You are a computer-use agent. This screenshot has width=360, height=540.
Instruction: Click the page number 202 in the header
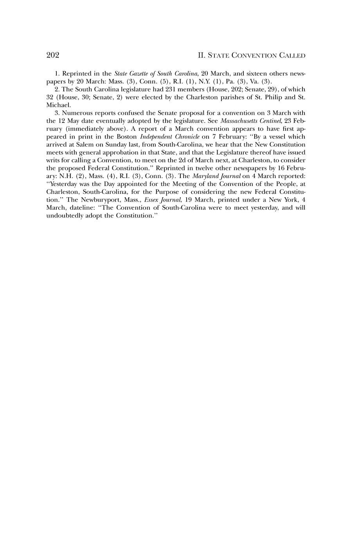coord(52,55)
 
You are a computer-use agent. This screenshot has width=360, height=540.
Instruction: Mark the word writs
coord(53,160)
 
